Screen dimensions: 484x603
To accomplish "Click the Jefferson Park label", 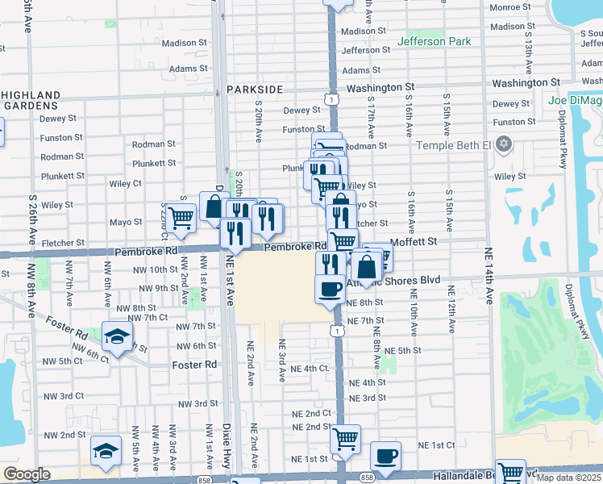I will click(434, 41).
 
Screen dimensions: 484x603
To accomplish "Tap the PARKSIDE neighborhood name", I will click(255, 90).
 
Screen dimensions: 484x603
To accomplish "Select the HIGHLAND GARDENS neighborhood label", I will click(31, 101).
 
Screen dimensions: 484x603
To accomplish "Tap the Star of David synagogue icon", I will click(505, 144).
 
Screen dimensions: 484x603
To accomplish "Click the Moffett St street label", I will click(413, 240).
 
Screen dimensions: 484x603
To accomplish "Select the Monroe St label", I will click(509, 7).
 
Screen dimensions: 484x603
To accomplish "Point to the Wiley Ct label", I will click(126, 184).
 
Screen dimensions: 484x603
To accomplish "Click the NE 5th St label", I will click(403, 351).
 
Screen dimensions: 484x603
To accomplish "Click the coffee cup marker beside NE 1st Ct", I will click(385, 454).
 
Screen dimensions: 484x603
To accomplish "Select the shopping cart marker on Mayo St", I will click(181, 217).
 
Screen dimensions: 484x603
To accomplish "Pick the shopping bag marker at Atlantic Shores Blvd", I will click(366, 265).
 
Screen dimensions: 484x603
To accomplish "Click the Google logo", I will click(27, 474).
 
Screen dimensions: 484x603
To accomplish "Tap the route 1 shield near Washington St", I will click(331, 98).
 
